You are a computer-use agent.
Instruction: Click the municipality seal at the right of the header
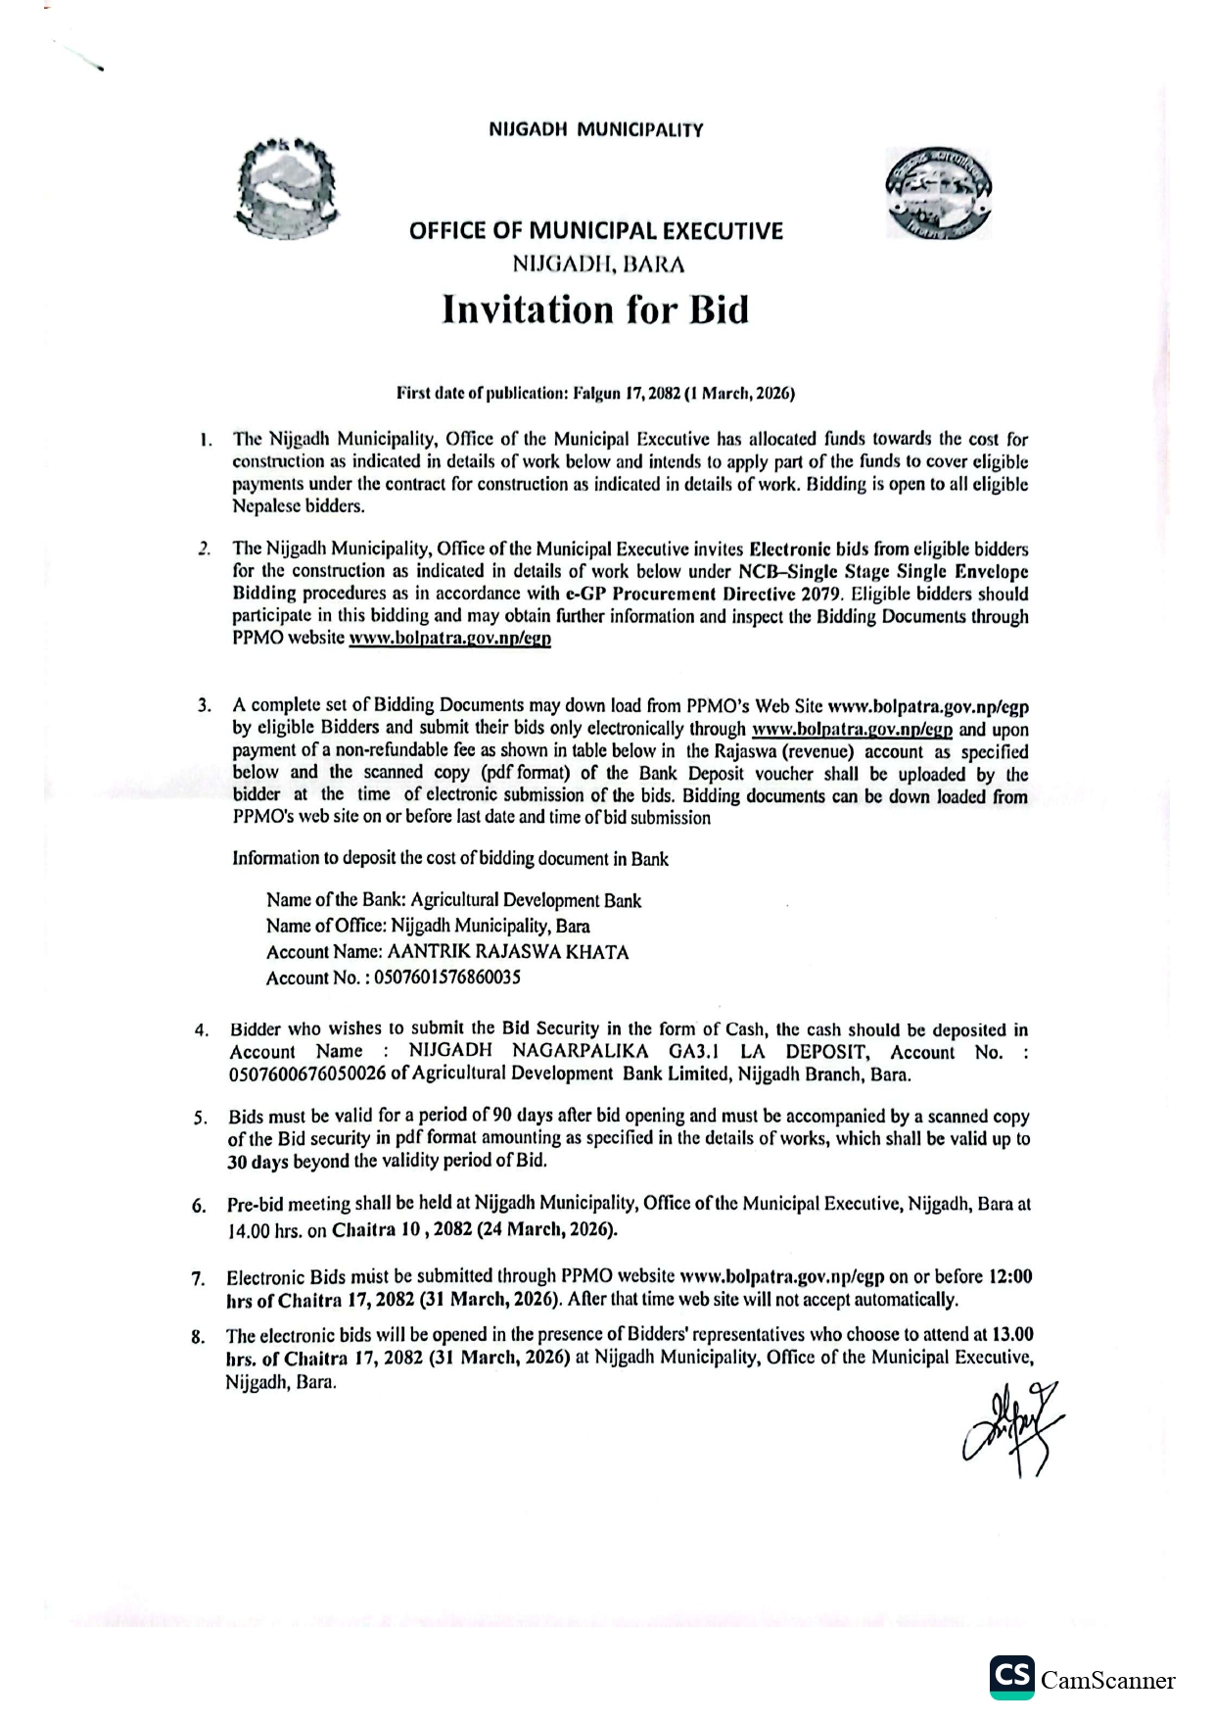[x=938, y=193]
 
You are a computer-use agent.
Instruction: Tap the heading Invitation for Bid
[x=595, y=310]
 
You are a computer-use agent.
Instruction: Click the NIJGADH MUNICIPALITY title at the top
[x=595, y=129]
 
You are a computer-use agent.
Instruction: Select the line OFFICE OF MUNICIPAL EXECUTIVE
[x=595, y=231]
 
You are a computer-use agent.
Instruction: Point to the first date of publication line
[x=595, y=394]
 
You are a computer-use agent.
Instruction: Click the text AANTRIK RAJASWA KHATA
[x=508, y=952]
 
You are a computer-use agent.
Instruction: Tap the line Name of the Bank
[x=453, y=900]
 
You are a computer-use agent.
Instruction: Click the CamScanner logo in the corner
[x=1081, y=1679]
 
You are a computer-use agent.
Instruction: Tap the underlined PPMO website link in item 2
[x=450, y=639]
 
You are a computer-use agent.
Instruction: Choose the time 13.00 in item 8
[x=1012, y=1334]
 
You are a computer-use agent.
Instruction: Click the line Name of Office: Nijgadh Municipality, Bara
[x=428, y=926]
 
